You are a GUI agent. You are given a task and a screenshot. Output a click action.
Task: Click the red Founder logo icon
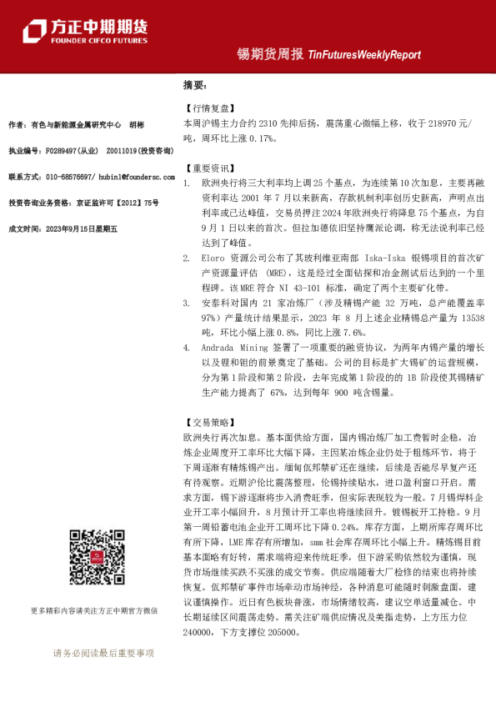pyautogui.click(x=33, y=30)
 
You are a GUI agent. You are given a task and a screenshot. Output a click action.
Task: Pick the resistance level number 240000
pyautogui.click(x=198, y=634)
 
